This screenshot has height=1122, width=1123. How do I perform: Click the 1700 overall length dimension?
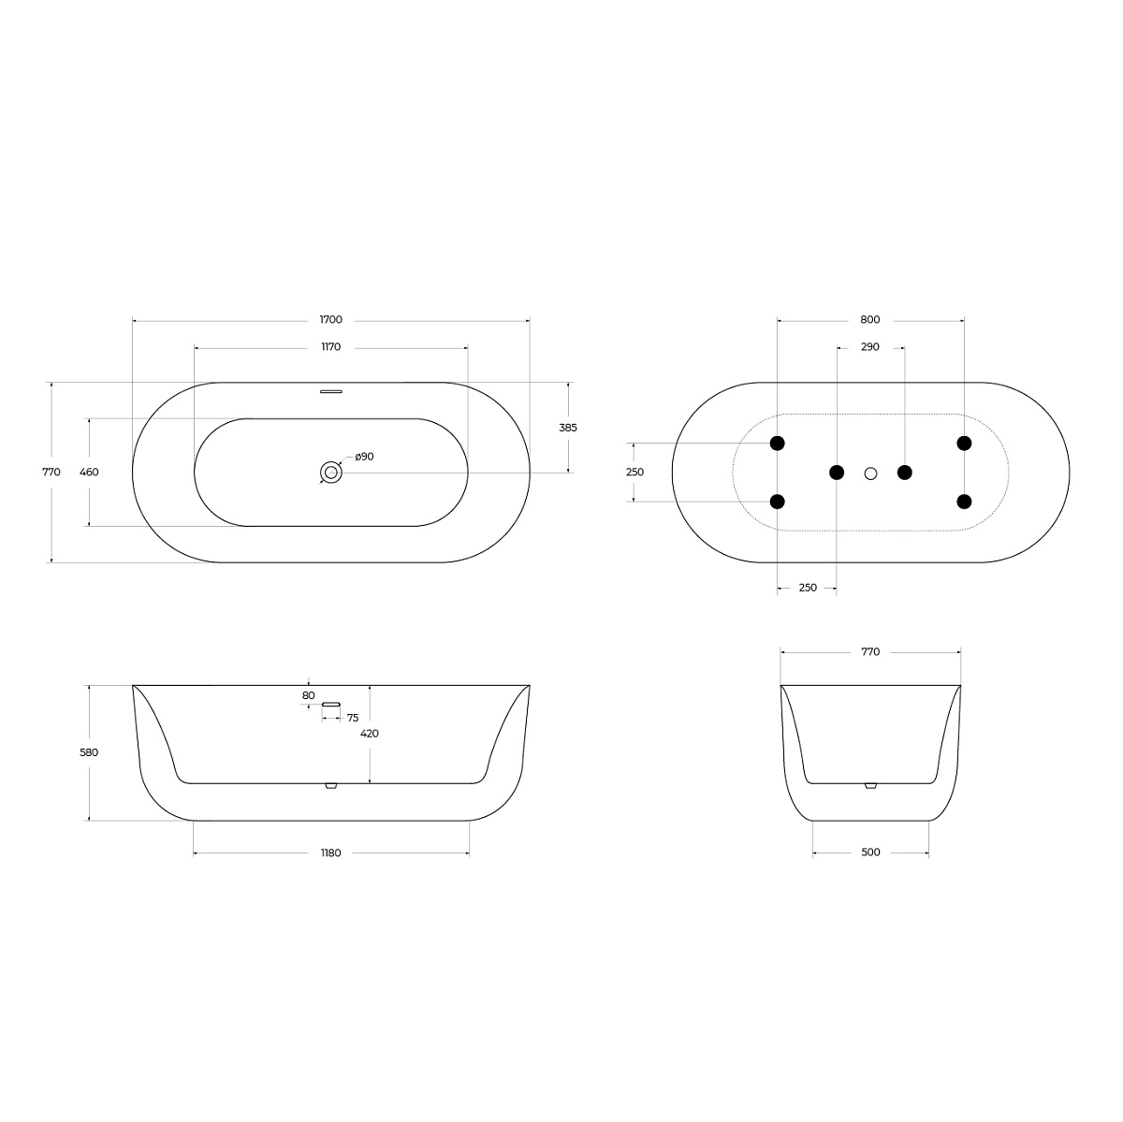(x=330, y=319)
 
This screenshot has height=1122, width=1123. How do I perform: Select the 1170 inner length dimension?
(x=330, y=347)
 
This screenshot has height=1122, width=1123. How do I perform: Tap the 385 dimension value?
(x=568, y=428)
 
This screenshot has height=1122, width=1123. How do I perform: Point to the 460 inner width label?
(x=89, y=473)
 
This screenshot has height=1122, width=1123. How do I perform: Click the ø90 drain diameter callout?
(x=364, y=457)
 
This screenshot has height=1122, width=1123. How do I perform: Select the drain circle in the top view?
(x=331, y=473)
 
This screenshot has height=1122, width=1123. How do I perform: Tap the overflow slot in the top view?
(x=331, y=392)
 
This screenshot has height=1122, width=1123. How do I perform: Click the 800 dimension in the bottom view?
(x=870, y=319)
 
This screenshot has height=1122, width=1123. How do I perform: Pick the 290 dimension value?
(x=870, y=347)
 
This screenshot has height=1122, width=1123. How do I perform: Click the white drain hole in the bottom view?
(x=870, y=474)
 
